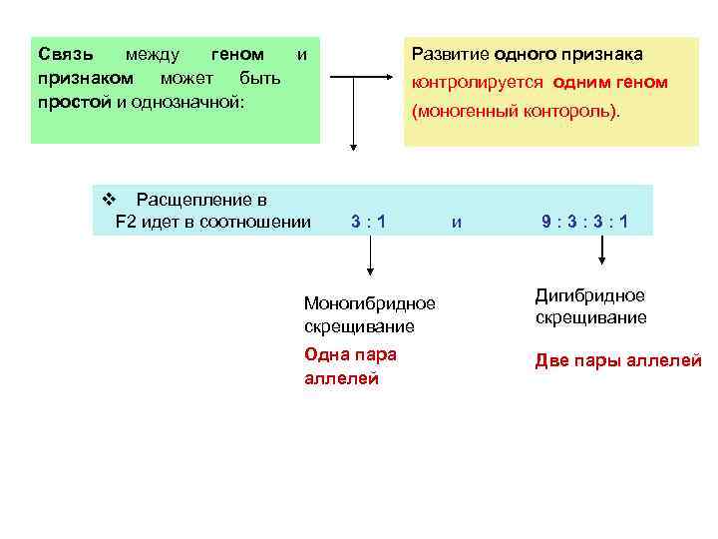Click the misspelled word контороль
coord(577,112)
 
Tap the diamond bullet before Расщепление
coord(110,199)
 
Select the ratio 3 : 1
coord(369,221)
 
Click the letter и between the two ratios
coord(456,222)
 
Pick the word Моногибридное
coord(369,302)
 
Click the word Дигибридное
coord(590,295)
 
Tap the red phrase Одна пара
coord(349,354)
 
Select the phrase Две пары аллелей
coord(618,361)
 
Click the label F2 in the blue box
coord(126,221)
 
